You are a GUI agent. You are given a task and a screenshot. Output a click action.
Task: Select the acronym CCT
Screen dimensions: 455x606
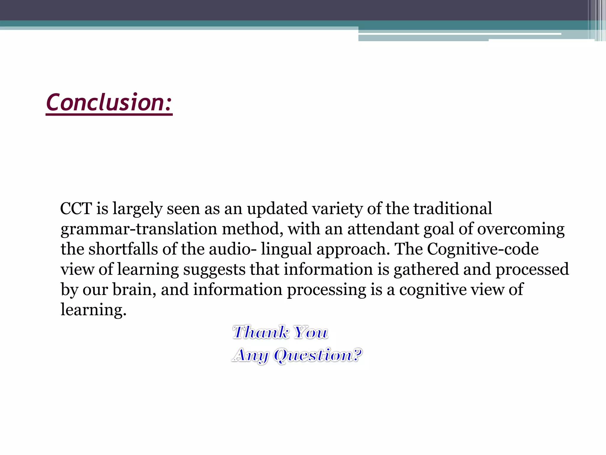(76, 209)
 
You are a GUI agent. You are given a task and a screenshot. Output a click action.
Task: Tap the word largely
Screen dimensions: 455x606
(137, 209)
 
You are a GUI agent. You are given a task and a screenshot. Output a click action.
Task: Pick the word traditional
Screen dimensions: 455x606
(453, 209)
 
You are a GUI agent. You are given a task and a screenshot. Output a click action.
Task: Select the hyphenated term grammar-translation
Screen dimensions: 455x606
(139, 229)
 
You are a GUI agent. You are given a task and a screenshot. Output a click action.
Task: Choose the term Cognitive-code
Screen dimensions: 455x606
(483, 249)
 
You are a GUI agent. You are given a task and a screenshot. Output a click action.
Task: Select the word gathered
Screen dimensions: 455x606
(426, 270)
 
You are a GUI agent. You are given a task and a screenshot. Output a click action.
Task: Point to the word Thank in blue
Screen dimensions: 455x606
(261, 332)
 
